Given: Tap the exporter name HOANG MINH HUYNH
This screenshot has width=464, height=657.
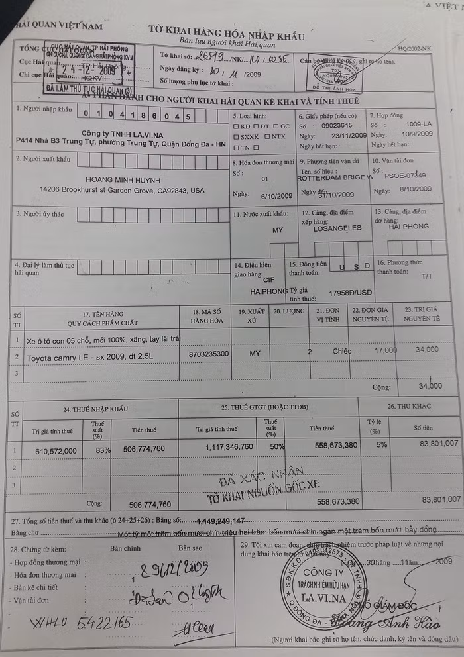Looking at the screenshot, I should click(x=125, y=179).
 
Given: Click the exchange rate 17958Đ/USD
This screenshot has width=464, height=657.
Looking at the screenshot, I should click(x=351, y=292).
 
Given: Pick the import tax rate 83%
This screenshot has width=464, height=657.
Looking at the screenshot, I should click(x=98, y=451).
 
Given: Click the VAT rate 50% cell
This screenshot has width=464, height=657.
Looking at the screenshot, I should click(x=270, y=446).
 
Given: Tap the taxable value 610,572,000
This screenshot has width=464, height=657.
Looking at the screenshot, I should click(x=56, y=451).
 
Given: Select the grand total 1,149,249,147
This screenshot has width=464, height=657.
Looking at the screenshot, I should click(x=211, y=521).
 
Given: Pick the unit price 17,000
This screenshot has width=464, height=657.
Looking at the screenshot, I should click(x=386, y=350).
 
